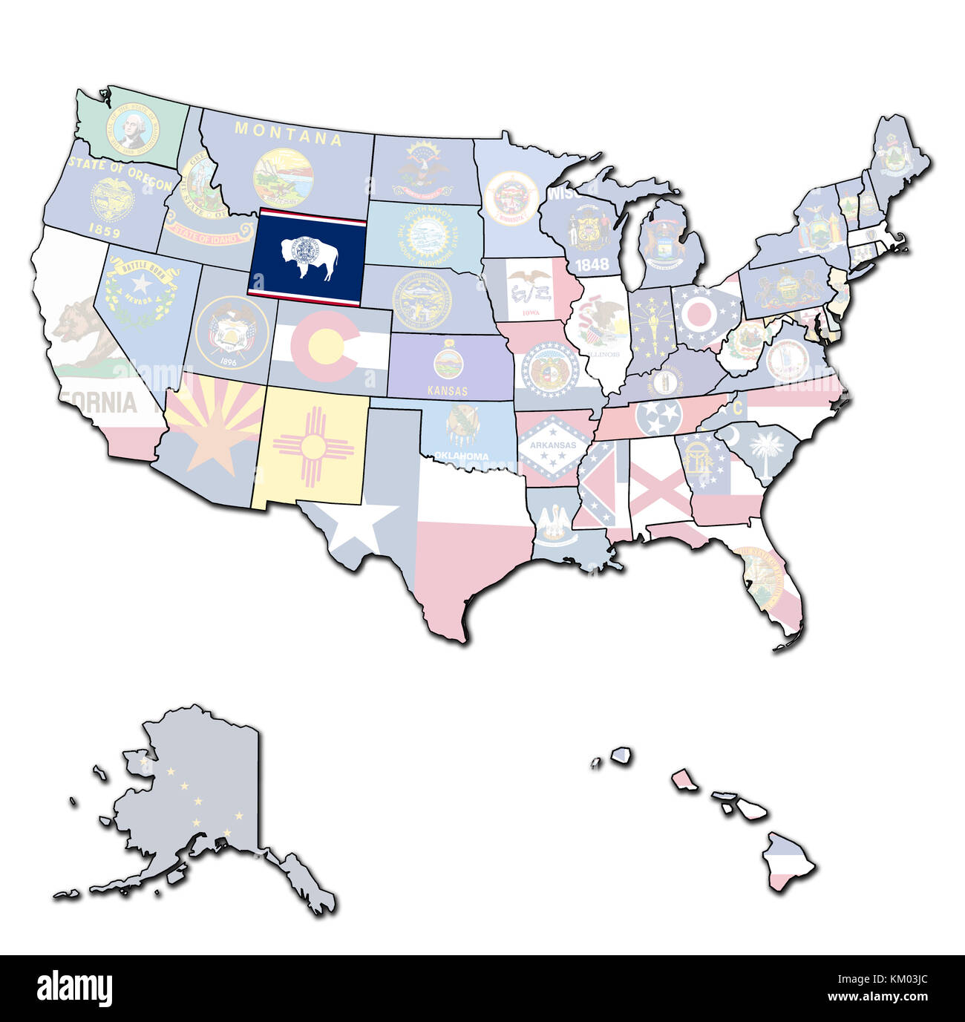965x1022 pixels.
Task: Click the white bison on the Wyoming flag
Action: tap(309, 255)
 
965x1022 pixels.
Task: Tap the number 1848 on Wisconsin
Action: tap(592, 263)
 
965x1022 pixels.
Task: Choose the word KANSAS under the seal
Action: tap(448, 390)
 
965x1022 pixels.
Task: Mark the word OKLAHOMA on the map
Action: tap(462, 456)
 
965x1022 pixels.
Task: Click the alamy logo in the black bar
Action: tap(74, 988)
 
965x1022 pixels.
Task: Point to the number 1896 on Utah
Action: tap(228, 362)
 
